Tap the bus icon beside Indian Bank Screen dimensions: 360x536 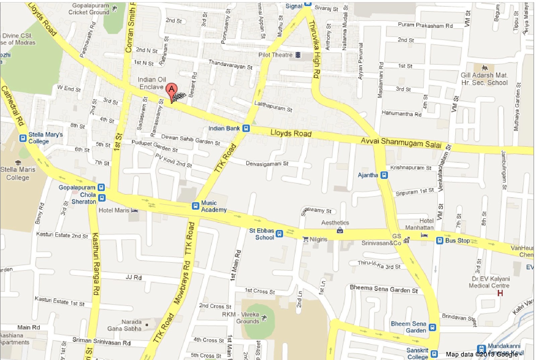[246, 128]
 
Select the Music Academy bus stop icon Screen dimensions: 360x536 [195, 206]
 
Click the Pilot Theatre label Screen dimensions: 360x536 [275, 55]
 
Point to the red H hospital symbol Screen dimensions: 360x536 [500, 293]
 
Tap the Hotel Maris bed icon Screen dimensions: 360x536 [134, 211]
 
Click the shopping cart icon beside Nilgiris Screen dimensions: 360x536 [305, 239]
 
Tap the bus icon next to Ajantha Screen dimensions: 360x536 [384, 175]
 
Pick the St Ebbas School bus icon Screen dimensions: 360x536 [279, 234]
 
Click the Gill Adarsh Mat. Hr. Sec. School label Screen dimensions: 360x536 [484, 79]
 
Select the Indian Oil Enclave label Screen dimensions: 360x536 [152, 83]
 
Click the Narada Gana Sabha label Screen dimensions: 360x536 [125, 325]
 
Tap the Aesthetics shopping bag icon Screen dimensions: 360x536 [340, 230]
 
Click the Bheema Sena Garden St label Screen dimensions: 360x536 [384, 289]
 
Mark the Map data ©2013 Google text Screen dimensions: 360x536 [481, 354]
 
